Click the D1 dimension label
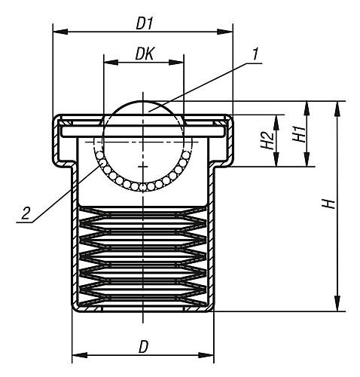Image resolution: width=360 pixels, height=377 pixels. [x=144, y=24]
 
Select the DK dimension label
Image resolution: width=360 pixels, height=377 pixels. [x=145, y=54]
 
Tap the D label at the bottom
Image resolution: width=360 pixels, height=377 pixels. [x=143, y=347]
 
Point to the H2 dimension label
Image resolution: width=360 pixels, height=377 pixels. [x=267, y=141]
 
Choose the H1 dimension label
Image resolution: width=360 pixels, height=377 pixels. [x=299, y=133]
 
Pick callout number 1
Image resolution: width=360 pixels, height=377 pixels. [x=255, y=54]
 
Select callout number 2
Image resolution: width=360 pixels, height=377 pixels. [x=26, y=213]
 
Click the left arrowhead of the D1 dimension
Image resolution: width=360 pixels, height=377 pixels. [x=60, y=32]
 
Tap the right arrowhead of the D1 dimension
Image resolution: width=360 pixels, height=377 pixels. [x=225, y=32]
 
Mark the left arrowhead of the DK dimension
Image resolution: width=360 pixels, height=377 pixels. [x=111, y=63]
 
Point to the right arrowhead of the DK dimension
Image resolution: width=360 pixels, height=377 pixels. [x=176, y=63]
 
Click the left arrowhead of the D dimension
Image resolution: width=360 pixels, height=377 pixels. [x=80, y=355]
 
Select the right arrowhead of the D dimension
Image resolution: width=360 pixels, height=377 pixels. [x=206, y=355]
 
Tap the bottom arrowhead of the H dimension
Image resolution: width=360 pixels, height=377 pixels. [x=337, y=304]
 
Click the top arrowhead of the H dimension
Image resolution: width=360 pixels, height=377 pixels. [x=337, y=109]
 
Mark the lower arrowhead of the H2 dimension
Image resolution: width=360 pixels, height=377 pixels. [x=276, y=159]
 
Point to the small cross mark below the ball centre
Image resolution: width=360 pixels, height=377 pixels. [x=143, y=167]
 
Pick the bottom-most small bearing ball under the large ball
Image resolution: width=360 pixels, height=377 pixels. [x=143, y=187]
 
